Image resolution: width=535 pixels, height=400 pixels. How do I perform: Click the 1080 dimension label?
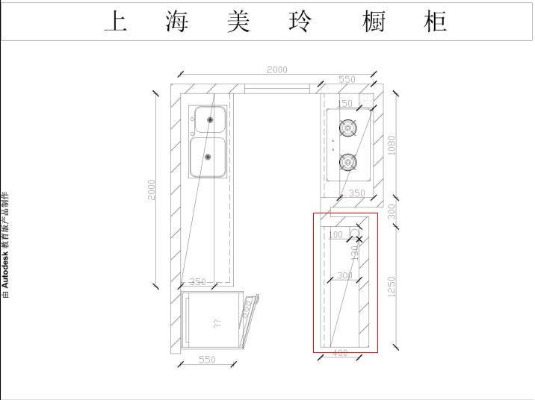392,145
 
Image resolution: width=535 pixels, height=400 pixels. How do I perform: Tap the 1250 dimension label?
392,287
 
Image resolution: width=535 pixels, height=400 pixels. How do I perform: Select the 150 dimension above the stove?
344,104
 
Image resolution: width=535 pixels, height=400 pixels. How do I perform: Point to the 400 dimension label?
340,353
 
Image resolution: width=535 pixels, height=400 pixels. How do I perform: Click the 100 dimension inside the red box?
335,235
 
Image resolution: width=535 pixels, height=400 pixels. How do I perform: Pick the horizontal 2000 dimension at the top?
276,70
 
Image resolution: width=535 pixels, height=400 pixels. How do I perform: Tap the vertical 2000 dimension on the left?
152,189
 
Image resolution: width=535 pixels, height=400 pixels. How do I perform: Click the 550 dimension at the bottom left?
207,360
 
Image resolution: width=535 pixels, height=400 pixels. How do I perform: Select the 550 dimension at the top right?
347,79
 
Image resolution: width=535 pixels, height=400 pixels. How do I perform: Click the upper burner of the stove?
347,128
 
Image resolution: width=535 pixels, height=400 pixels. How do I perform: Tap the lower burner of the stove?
347,161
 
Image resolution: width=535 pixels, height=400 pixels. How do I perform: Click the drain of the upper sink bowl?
210,119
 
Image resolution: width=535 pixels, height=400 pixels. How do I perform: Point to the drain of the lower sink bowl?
208,157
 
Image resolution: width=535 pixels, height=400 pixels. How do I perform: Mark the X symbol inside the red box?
359,239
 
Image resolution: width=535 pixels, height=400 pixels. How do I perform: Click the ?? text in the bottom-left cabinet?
217,324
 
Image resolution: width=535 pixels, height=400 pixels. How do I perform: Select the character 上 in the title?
115,22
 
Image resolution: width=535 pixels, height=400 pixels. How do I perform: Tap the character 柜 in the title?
434,22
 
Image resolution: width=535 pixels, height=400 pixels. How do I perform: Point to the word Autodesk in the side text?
6,269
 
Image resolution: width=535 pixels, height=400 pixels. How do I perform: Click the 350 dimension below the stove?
357,193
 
